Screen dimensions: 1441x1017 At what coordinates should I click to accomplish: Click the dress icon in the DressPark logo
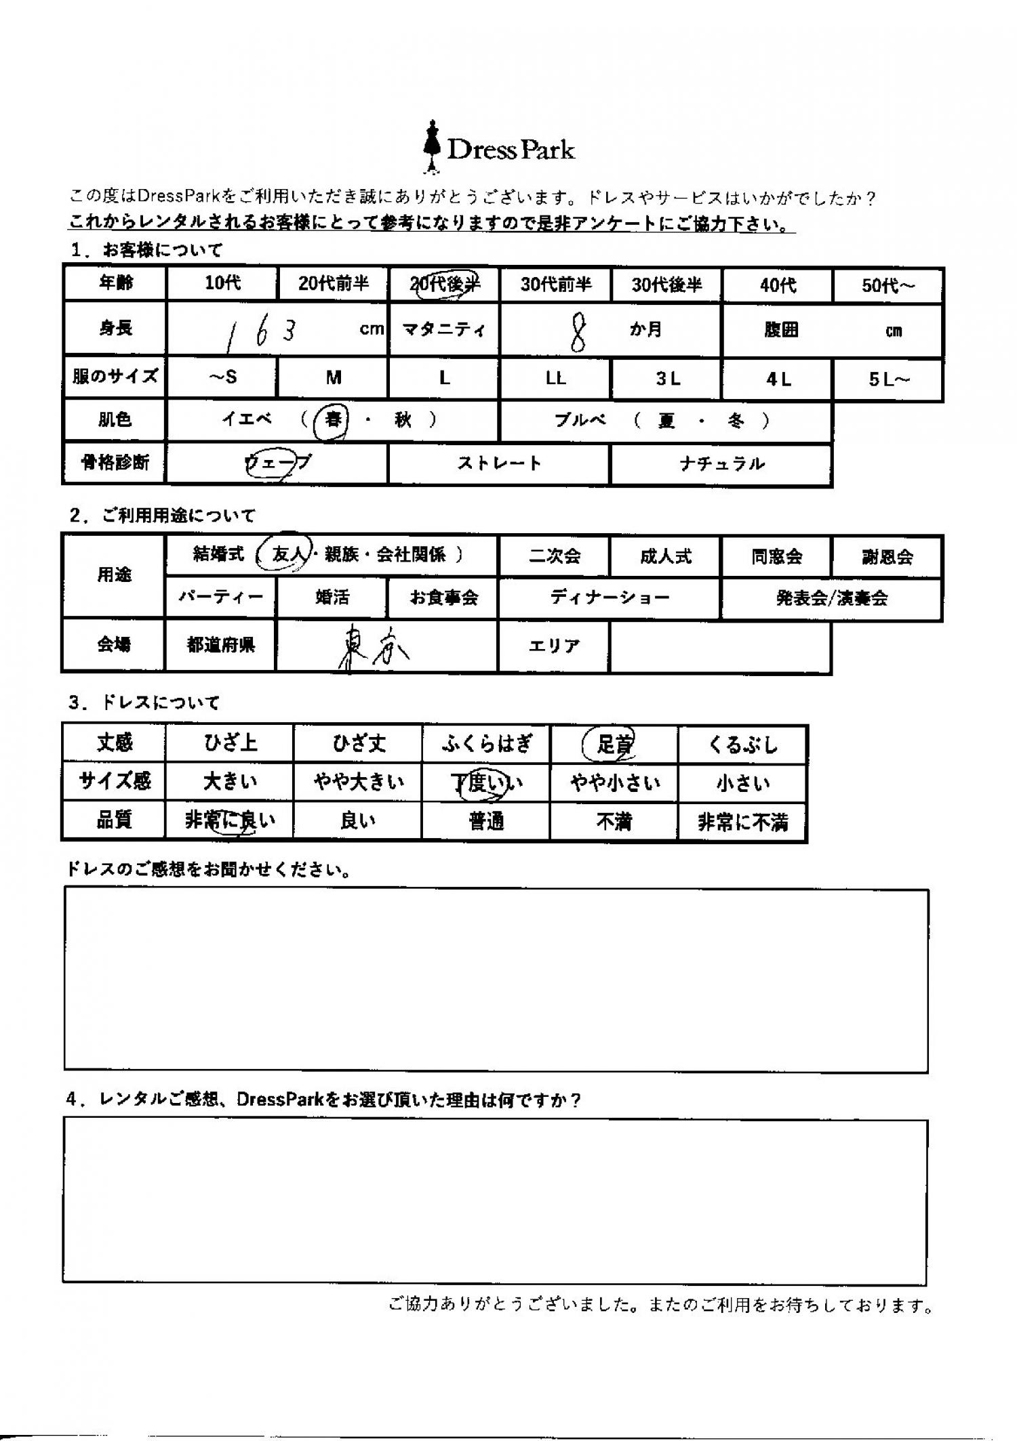[x=430, y=146]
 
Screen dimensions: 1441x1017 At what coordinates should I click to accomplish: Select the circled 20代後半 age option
[x=444, y=285]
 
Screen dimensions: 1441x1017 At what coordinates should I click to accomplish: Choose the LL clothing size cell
[x=555, y=379]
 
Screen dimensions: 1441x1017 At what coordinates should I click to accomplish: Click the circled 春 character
[x=332, y=421]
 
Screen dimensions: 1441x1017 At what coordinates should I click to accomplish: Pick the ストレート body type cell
[x=499, y=464]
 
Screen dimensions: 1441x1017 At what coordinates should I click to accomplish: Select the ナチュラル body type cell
[x=721, y=464]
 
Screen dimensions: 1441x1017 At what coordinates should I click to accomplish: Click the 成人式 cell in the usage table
[x=665, y=557]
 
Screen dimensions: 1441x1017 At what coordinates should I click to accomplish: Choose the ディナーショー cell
[x=610, y=598]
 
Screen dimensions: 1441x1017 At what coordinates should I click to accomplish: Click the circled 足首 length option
[x=612, y=745]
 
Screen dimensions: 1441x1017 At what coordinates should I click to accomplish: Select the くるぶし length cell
[x=742, y=745]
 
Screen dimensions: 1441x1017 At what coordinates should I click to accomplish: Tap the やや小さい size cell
[x=614, y=783]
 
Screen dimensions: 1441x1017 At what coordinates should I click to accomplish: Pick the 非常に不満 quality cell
[x=742, y=822]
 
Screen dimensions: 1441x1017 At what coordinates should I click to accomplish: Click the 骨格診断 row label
[x=115, y=463]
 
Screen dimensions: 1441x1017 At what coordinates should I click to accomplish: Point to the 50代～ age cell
[x=888, y=285]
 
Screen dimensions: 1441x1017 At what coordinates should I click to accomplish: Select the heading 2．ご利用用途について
[x=163, y=516]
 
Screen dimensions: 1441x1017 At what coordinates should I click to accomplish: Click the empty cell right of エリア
[x=720, y=646]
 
